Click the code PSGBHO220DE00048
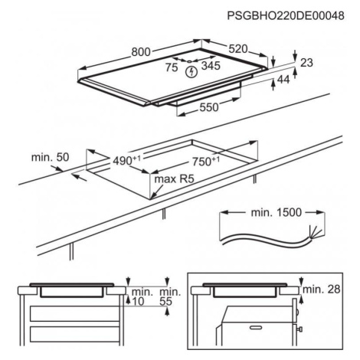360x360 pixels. (x=286, y=16)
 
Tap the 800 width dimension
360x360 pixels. (x=141, y=52)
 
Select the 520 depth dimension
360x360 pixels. (x=238, y=49)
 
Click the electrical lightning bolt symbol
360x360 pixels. (x=191, y=72)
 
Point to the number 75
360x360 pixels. (x=172, y=67)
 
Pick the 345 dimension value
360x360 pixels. (x=211, y=66)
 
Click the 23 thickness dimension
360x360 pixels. (x=306, y=63)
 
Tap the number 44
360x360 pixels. (x=283, y=80)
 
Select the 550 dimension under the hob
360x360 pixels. (x=209, y=107)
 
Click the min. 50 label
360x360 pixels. (x=50, y=157)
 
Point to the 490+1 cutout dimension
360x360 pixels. (x=127, y=160)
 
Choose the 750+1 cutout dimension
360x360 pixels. (x=206, y=161)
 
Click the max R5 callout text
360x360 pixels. (x=175, y=179)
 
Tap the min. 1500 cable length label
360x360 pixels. (x=277, y=212)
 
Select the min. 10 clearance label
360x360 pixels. (x=142, y=296)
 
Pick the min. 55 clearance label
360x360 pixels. (x=170, y=296)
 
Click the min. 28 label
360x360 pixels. (x=322, y=289)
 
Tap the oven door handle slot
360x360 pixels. (x=257, y=328)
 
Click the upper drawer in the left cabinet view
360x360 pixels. (x=74, y=313)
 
